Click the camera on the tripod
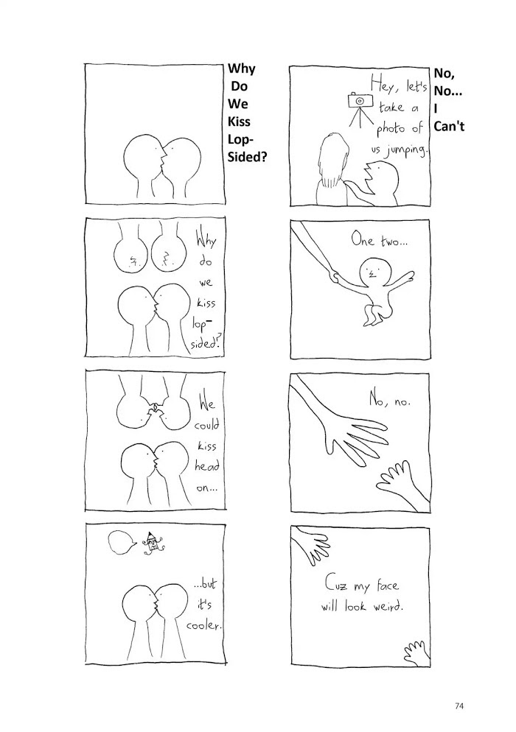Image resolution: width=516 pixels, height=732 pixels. pyautogui.click(x=360, y=101)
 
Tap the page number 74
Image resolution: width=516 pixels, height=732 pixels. pyautogui.click(x=459, y=705)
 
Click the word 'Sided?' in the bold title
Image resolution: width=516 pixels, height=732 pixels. pyautogui.click(x=247, y=157)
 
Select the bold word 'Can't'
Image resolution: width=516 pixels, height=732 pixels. pyautogui.click(x=449, y=127)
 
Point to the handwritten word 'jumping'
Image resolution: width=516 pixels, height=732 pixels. pyautogui.click(x=406, y=151)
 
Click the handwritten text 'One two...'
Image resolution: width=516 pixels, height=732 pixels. pyautogui.click(x=380, y=241)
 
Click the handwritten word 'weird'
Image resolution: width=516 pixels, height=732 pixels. pyautogui.click(x=388, y=606)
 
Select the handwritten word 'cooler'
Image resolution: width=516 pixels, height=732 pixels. pyautogui.click(x=203, y=625)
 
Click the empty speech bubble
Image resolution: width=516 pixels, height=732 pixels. pyautogui.click(x=122, y=543)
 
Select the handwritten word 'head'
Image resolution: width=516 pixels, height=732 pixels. pyautogui.click(x=207, y=466)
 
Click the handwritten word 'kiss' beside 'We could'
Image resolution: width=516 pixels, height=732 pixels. pyautogui.click(x=206, y=446)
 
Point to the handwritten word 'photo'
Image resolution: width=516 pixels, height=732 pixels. pyautogui.click(x=391, y=128)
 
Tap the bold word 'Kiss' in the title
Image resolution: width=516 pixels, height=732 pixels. pyautogui.click(x=239, y=122)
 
